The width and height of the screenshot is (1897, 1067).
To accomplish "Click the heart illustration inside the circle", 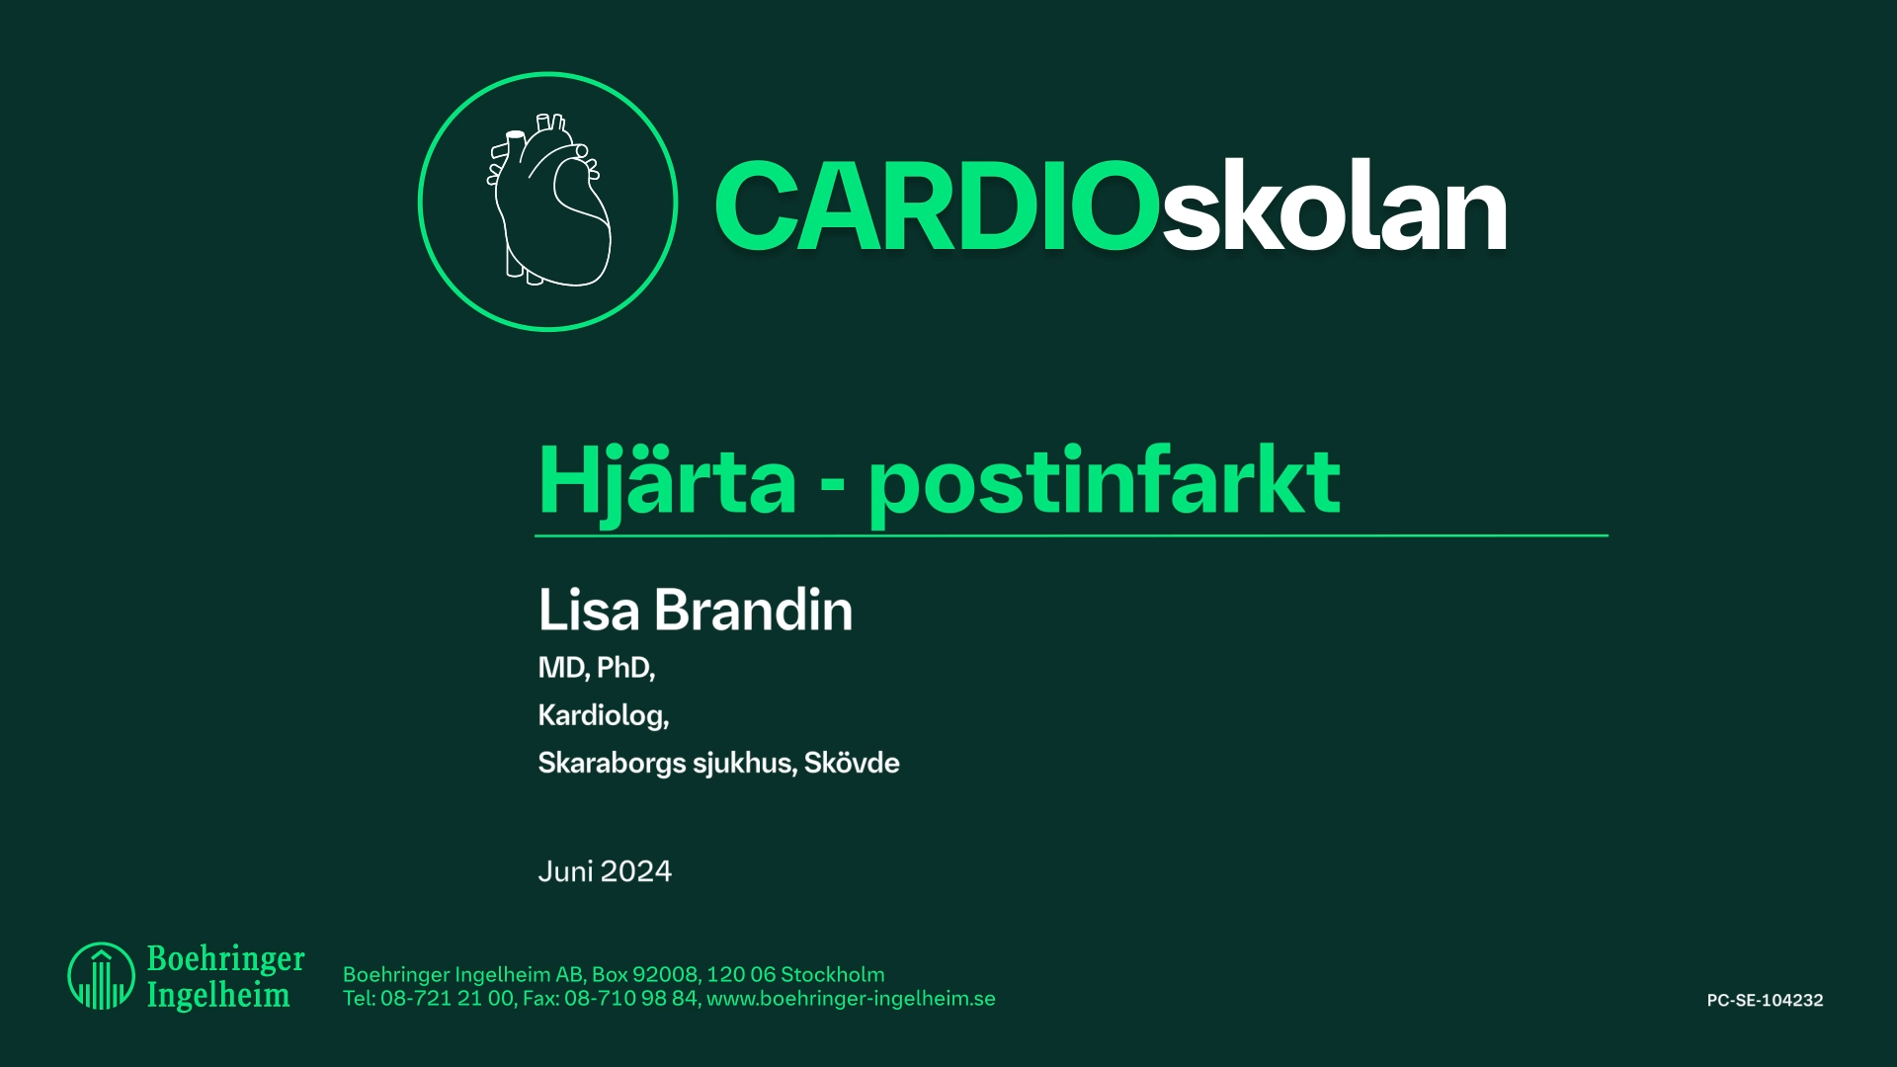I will pos(548,202).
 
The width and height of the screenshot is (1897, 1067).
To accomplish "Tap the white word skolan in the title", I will pos(1334,207).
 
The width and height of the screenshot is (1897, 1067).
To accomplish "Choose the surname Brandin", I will pos(753,610).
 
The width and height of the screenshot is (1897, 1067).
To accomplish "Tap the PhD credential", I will pos(625,668).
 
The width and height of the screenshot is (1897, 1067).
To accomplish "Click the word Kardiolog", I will pos(603,715).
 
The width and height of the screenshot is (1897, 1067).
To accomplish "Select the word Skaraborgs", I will pos(612,763).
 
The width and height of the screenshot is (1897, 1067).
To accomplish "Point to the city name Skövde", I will pos(852,763).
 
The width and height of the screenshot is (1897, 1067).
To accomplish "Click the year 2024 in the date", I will pos(636,871).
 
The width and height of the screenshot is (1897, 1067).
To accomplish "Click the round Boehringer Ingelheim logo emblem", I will pos(101,976).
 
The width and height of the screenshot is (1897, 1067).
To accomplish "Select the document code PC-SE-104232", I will pos(1765,1000).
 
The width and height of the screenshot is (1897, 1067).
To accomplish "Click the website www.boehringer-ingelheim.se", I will pos(851,999).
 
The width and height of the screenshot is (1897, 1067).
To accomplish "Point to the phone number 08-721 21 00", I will pos(447,999).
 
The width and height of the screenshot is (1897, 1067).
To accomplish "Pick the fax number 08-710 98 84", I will pos(630,999).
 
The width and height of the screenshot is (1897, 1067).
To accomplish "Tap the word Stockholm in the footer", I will pos(832,975).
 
